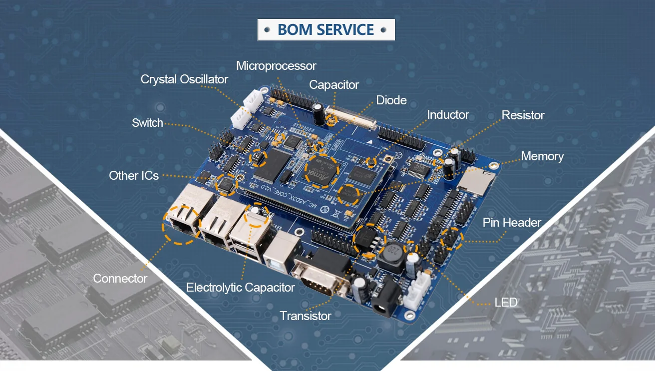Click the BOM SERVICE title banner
click(326, 29)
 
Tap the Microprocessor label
click(276, 66)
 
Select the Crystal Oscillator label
click(184, 79)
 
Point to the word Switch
click(147, 123)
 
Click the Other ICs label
click(134, 175)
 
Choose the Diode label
click(391, 100)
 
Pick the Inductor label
click(448, 115)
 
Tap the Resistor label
click(523, 115)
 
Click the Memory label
click(542, 156)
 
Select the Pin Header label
click(512, 223)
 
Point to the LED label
click(506, 302)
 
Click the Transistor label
click(305, 316)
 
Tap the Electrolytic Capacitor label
click(240, 288)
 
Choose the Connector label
click(120, 278)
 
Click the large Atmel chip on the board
click(321, 171)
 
